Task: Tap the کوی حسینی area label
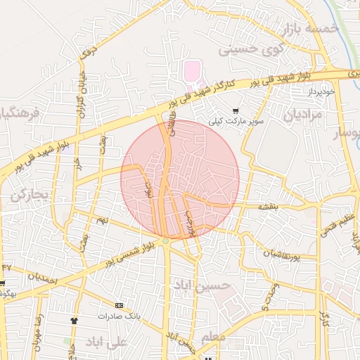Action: coord(244,51)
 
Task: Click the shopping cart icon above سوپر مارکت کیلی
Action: coord(235,110)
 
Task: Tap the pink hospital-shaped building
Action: coord(192,71)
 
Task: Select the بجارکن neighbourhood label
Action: coord(28,195)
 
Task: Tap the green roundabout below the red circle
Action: coord(166,242)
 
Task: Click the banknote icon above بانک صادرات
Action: coord(119,306)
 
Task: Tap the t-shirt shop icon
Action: coord(74,321)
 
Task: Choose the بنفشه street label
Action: coord(268,206)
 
